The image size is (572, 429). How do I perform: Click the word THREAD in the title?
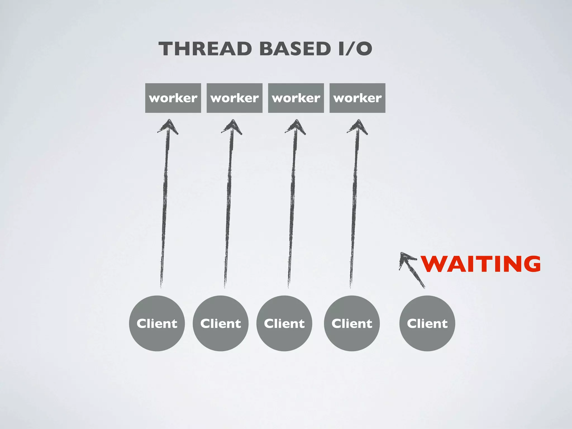205,49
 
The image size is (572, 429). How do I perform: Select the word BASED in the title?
295,49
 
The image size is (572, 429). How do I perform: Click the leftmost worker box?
173,98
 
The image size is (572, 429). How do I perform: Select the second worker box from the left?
235,98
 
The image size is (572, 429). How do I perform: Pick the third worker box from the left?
296,98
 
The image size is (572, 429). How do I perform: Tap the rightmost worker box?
357,98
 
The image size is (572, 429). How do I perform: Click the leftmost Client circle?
157,323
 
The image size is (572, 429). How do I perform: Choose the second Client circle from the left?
221,323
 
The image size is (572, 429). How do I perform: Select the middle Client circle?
284,323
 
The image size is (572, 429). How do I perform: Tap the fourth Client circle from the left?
352,323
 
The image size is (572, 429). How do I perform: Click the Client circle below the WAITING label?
427,323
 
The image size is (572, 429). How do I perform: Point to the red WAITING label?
481,264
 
